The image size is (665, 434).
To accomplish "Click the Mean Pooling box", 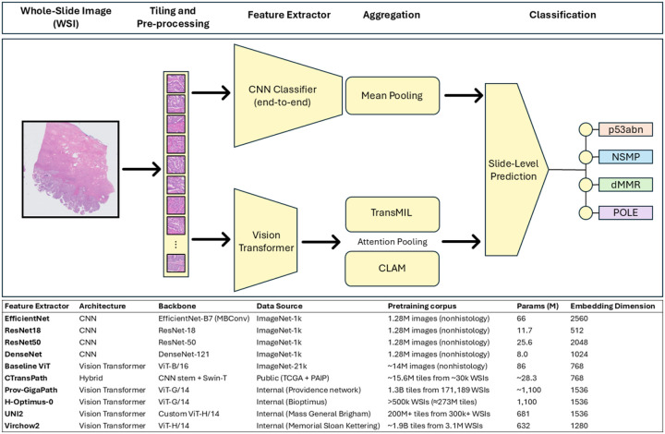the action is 393,95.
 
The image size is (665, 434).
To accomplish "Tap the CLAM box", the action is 392,269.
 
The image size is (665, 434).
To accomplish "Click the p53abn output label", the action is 625,129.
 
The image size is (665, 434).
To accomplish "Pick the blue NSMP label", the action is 625,157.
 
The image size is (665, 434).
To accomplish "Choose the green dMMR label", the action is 625,185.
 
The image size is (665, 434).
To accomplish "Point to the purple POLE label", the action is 625,212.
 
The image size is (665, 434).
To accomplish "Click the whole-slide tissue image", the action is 70,169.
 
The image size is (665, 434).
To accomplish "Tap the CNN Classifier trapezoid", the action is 288,96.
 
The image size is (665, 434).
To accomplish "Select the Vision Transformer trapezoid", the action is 266,240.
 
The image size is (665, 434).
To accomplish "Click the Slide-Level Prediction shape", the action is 516,170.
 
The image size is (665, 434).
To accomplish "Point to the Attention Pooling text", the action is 393,242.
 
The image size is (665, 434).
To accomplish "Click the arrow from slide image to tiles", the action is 141,169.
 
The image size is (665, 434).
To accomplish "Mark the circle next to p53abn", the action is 586,129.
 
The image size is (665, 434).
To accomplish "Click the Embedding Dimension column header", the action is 612,306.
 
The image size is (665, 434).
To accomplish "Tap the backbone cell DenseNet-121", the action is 184,354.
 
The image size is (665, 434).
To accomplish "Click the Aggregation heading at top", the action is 392,16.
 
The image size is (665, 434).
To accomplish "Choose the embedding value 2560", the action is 579,319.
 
